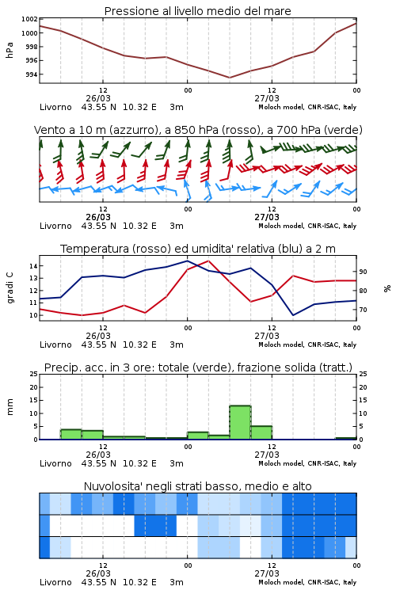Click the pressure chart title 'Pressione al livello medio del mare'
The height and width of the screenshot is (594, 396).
click(x=197, y=11)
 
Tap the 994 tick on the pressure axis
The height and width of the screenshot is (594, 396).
click(x=32, y=74)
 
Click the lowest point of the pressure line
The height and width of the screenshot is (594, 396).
click(x=229, y=78)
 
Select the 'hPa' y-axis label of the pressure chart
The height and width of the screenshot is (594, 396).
click(x=10, y=50)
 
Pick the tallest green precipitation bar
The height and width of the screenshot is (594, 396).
click(x=240, y=422)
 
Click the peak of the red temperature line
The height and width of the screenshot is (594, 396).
click(x=208, y=261)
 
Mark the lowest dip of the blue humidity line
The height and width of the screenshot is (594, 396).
click(x=293, y=315)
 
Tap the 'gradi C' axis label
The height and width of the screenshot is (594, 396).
click(x=10, y=288)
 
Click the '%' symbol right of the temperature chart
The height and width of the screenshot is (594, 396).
click(x=387, y=288)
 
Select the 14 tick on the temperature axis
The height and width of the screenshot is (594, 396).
click(x=33, y=266)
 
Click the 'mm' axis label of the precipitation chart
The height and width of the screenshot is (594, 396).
click(x=10, y=407)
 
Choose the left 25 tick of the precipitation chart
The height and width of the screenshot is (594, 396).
click(x=33, y=375)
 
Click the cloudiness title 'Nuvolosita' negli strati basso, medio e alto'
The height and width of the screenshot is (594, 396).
click(x=197, y=486)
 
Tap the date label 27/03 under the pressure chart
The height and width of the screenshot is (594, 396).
click(x=267, y=98)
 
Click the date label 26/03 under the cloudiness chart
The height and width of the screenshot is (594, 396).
click(x=98, y=573)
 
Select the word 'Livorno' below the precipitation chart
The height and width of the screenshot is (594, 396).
click(x=55, y=463)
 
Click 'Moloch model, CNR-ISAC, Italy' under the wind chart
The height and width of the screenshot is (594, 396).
click(x=307, y=226)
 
